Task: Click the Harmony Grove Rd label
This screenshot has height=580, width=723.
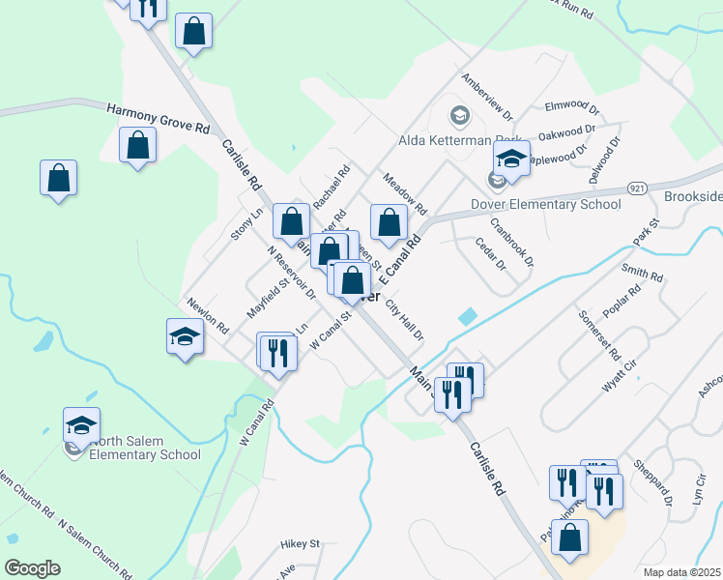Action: [159, 118]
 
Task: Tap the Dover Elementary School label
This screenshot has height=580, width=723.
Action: [545, 204]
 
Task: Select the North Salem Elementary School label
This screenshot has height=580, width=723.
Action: [144, 448]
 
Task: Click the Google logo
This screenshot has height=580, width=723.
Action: [32, 568]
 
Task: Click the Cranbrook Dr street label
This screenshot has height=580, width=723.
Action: [511, 241]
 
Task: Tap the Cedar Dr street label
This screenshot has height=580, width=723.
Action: [491, 254]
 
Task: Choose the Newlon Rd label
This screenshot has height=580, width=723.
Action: [208, 314]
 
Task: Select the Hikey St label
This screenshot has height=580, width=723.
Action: [300, 544]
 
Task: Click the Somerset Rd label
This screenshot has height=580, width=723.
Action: [595, 334]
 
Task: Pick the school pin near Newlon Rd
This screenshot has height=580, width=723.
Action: [186, 337]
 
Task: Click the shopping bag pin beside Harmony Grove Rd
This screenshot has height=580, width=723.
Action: [138, 146]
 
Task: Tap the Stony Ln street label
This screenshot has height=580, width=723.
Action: [246, 224]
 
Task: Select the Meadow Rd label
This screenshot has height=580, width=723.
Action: [404, 194]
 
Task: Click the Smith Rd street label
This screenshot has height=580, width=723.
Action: [642, 273]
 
